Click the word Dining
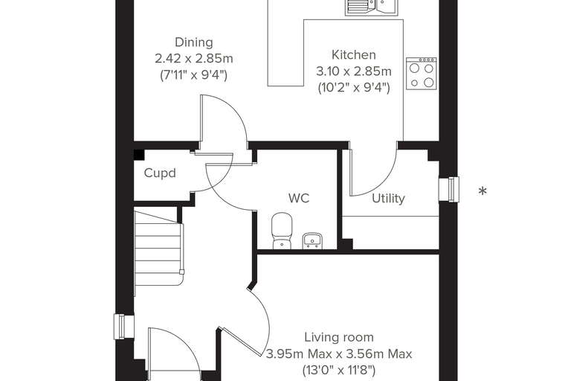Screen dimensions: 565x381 point(194,42)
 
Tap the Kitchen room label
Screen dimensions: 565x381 point(353,55)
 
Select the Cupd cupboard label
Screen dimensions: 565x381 point(160,173)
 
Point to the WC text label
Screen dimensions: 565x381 point(299,198)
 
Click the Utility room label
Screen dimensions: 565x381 point(388,199)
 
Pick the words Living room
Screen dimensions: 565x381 point(339,337)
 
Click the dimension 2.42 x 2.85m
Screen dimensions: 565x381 point(194,59)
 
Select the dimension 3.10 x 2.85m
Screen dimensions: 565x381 point(353,71)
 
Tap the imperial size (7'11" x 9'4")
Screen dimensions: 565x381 point(193,75)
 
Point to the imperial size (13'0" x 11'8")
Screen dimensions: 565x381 point(339,370)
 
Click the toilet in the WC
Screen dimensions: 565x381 point(282,231)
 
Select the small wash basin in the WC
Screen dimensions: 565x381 point(312,240)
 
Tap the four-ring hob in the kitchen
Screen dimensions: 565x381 point(422,73)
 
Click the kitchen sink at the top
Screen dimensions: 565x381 point(372,7)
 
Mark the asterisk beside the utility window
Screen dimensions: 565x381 point(482,190)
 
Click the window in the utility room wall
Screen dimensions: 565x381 point(449,189)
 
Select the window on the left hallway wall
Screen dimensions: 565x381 point(124,327)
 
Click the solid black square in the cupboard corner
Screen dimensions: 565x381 point(139,155)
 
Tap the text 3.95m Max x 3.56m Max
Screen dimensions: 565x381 point(339,354)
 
